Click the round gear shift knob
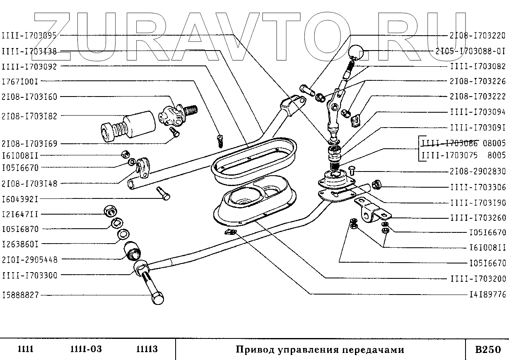click(356, 52)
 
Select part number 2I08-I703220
click(478, 35)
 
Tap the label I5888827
click(20, 295)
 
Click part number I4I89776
click(487, 295)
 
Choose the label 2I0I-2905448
click(30, 260)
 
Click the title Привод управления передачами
click(320, 349)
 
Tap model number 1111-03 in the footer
click(83, 349)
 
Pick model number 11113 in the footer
click(147, 349)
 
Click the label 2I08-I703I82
click(30, 116)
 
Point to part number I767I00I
click(20, 82)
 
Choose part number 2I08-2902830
click(478, 172)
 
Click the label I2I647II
click(20, 214)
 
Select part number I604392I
click(20, 199)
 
